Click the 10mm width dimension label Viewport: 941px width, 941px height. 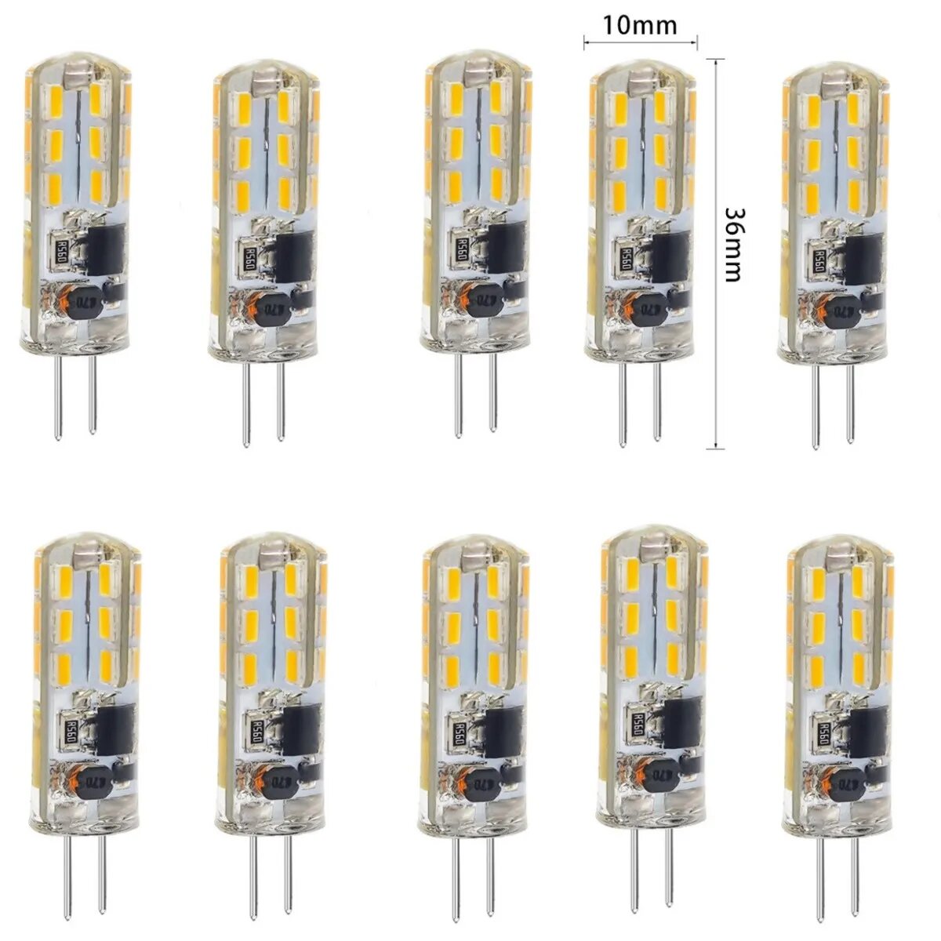[640, 24]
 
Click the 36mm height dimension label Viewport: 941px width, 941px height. [735, 245]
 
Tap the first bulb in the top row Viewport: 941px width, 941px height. [74, 196]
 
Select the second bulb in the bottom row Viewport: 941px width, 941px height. [268, 674]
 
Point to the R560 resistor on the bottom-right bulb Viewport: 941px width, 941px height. [826, 737]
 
